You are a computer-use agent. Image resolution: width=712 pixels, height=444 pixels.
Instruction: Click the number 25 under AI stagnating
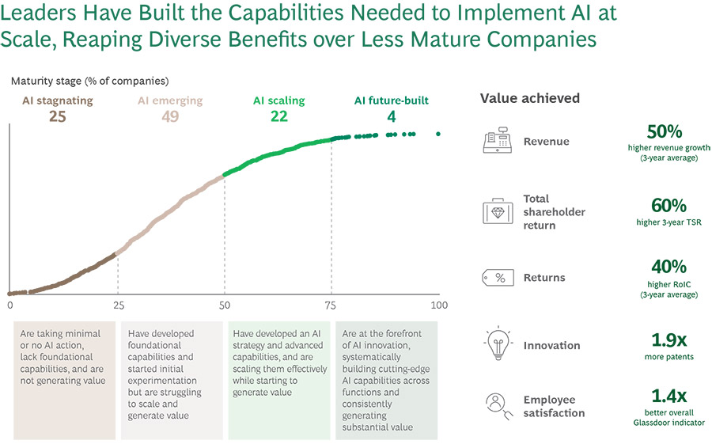click(56, 116)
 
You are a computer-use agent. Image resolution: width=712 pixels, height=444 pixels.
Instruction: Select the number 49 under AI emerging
click(169, 116)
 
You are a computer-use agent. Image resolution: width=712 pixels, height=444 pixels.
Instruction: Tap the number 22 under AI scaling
click(278, 116)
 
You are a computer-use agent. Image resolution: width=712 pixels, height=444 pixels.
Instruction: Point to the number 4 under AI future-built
click(391, 116)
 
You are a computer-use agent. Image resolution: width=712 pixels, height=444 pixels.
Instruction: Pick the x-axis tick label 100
click(438, 305)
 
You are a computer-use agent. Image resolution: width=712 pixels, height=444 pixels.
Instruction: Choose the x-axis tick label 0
click(10, 305)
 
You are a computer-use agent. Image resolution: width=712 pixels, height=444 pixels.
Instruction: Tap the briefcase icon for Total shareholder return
click(497, 212)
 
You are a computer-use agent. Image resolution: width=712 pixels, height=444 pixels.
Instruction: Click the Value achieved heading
click(530, 98)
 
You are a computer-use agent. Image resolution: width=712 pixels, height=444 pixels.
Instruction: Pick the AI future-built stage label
click(391, 101)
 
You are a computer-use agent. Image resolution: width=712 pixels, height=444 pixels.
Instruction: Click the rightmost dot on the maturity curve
click(438, 134)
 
